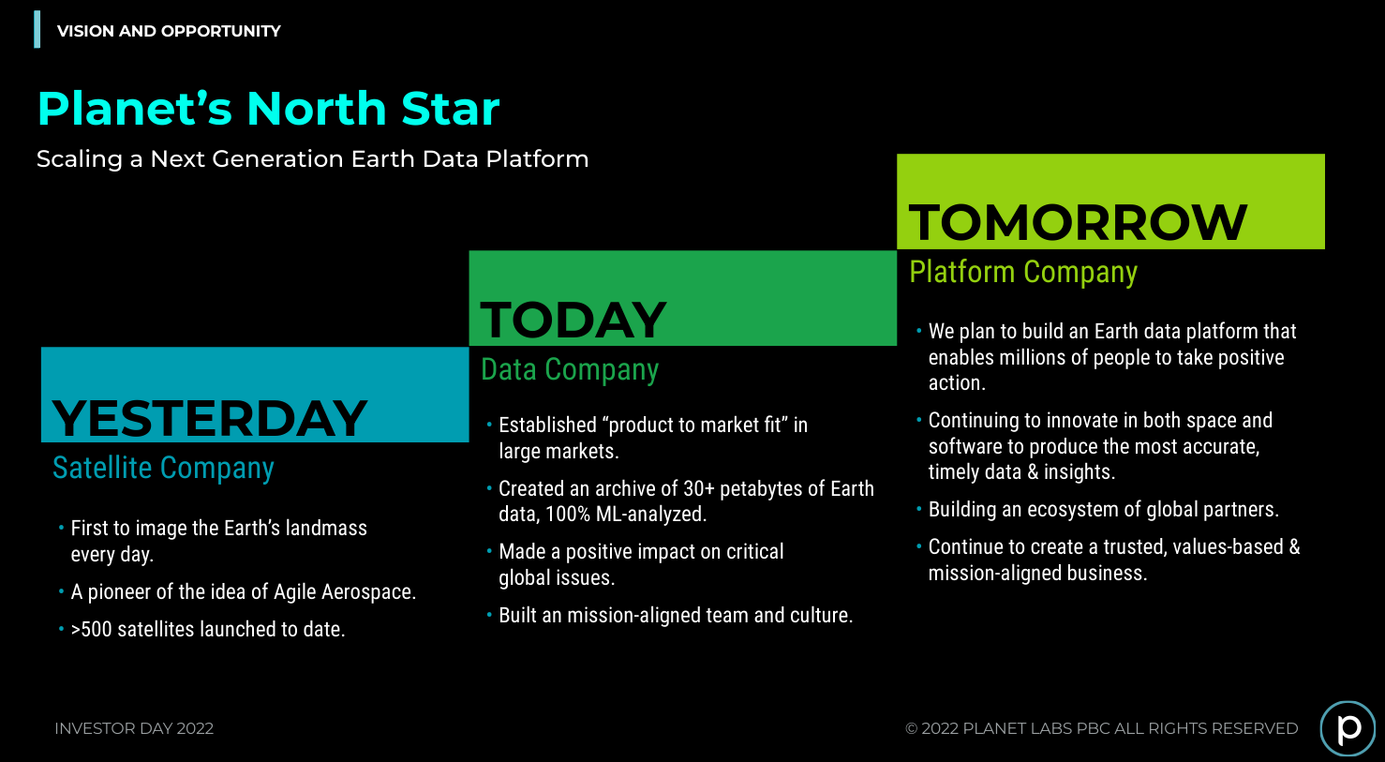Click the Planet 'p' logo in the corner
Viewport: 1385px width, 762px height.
click(x=1348, y=728)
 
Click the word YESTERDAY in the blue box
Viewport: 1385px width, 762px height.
click(x=210, y=419)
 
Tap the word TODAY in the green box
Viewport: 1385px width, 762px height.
click(x=573, y=321)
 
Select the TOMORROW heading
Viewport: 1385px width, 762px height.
click(x=1078, y=223)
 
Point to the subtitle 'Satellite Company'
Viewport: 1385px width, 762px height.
click(x=163, y=469)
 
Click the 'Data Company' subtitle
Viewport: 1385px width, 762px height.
click(x=570, y=370)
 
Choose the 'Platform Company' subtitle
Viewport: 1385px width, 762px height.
click(x=1023, y=272)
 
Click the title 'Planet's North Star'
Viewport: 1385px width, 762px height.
click(x=268, y=109)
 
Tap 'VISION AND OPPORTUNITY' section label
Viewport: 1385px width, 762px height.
click(x=169, y=31)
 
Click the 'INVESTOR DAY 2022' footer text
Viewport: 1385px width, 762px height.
click(x=134, y=728)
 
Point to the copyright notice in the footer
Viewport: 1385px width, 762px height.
click(x=1101, y=728)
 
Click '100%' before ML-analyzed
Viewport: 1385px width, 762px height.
click(x=568, y=514)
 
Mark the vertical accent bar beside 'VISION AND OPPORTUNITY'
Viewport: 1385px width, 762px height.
click(x=37, y=29)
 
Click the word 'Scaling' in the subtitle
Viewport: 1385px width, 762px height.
click(x=80, y=159)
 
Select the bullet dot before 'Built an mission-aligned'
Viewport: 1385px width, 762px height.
click(x=489, y=615)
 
